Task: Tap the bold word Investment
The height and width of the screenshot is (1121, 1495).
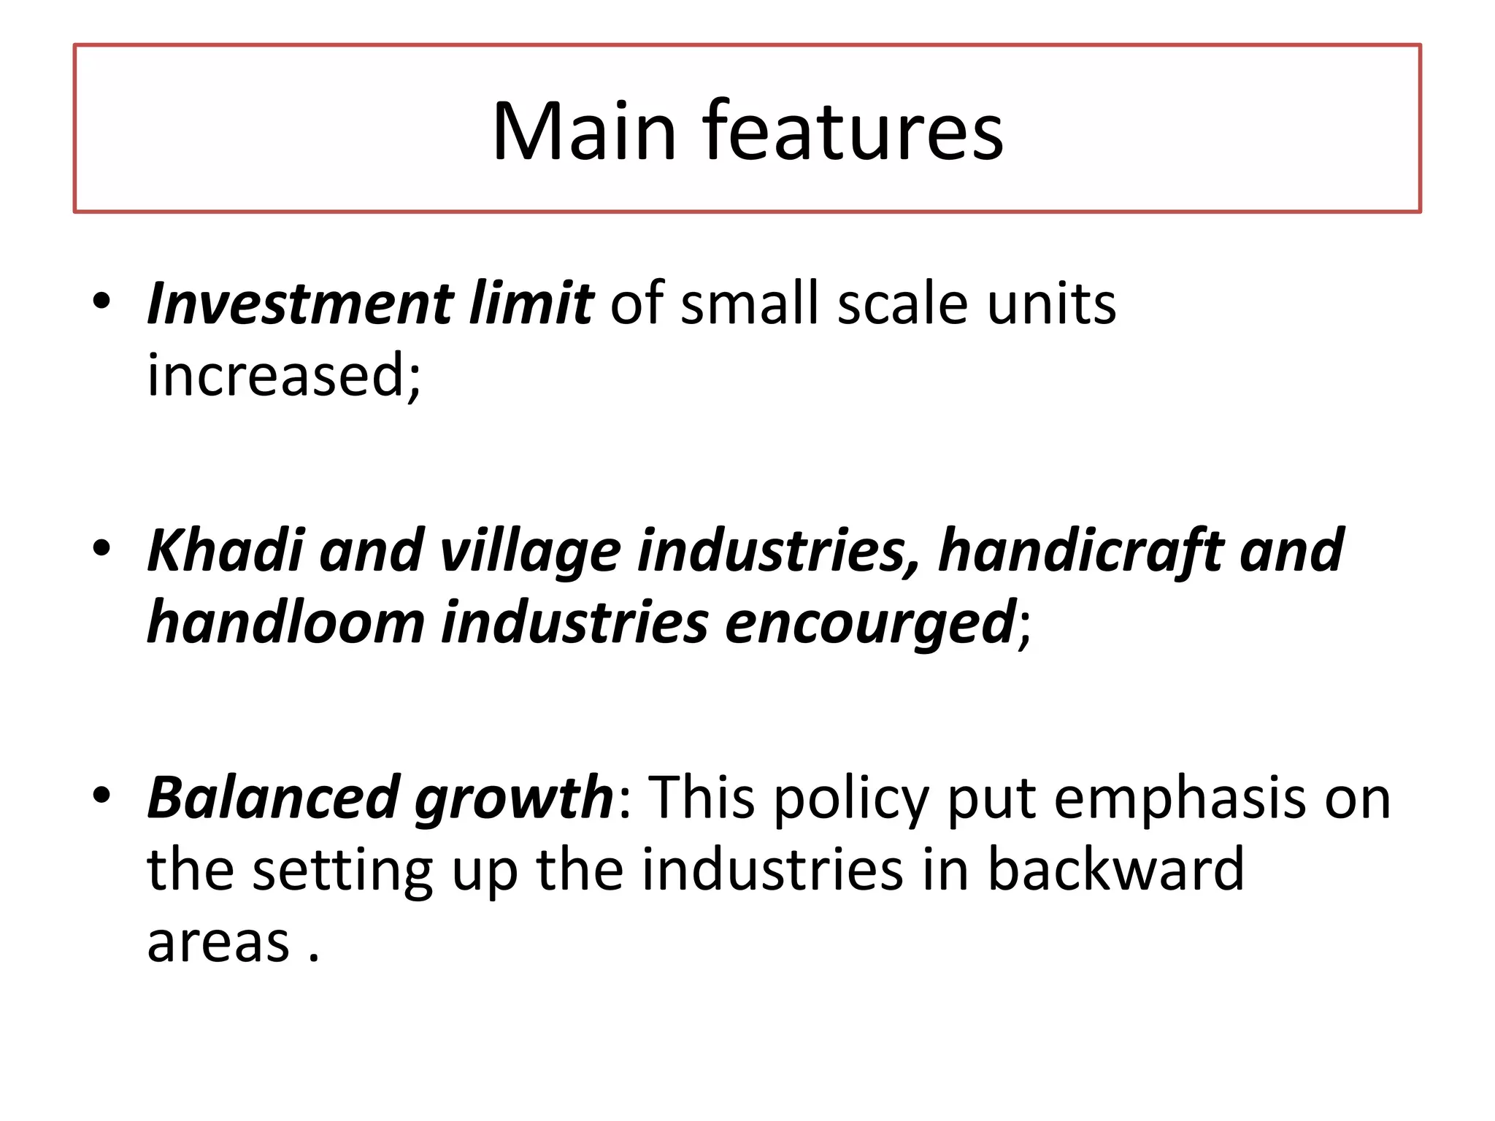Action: (300, 304)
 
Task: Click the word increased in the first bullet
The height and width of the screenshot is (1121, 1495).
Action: (283, 375)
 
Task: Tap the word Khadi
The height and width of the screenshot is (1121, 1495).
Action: (225, 550)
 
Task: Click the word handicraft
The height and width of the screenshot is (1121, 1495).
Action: (1080, 550)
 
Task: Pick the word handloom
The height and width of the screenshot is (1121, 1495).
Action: (285, 623)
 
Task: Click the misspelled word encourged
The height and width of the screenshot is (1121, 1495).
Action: (869, 623)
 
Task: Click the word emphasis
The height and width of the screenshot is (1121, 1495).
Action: (1179, 798)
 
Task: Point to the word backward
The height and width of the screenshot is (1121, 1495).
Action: (1115, 869)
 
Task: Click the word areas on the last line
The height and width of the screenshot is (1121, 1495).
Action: (218, 942)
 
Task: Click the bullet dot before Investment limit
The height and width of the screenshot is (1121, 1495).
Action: (101, 301)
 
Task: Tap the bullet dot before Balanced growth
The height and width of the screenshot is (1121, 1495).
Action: (101, 795)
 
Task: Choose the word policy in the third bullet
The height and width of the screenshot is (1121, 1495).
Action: (851, 798)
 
